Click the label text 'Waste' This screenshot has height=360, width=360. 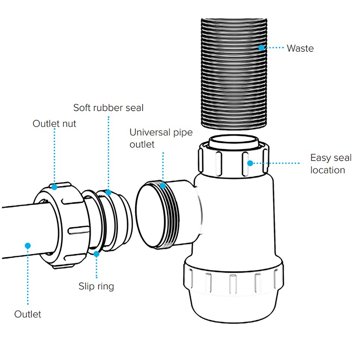click(300, 48)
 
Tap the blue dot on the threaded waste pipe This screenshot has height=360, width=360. click(261, 48)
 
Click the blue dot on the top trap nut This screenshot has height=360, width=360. click(250, 163)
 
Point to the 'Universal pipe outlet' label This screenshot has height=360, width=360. click(161, 138)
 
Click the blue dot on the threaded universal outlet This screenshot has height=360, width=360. click(163, 185)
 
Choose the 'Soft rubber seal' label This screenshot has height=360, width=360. click(108, 108)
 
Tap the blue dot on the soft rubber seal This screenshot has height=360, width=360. click(108, 192)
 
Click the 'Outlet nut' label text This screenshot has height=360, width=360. click(54, 124)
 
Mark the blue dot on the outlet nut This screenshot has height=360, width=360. click(55, 186)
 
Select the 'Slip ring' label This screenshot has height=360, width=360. click(96, 286)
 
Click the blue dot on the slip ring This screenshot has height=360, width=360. click(96, 254)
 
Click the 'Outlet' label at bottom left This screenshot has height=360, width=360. click(28, 314)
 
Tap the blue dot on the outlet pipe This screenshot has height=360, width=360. click(27, 246)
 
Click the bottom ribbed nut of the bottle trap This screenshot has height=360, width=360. click(232, 279)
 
